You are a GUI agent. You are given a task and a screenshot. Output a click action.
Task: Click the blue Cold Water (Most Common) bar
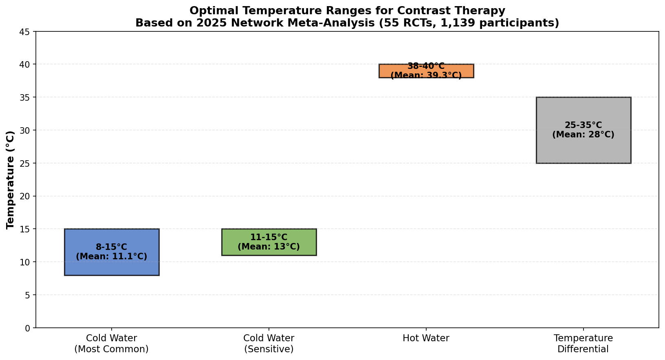click(x=112, y=252)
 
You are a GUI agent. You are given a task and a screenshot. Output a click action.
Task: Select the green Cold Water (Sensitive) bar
click(x=269, y=242)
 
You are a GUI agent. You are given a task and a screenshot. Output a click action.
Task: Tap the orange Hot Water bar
click(x=426, y=71)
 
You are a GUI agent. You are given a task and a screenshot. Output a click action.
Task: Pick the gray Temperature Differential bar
click(x=584, y=130)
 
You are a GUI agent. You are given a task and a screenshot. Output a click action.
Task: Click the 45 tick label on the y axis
click(x=25, y=32)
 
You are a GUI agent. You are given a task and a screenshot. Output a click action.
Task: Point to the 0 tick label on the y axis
click(x=28, y=328)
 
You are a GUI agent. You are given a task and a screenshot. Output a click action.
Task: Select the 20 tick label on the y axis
click(x=25, y=197)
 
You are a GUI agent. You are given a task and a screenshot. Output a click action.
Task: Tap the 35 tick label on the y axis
click(x=25, y=97)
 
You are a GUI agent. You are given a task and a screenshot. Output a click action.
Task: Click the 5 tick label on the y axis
click(x=28, y=295)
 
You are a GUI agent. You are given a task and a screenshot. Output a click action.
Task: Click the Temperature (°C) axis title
click(x=11, y=180)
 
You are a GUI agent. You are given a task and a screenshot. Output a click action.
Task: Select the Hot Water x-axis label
click(x=426, y=338)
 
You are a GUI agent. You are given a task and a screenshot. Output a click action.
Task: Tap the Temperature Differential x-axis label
click(x=584, y=343)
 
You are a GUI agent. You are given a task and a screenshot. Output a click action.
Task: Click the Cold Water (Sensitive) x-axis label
click(x=269, y=343)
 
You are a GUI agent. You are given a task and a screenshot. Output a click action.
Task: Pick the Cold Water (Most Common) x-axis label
click(x=112, y=343)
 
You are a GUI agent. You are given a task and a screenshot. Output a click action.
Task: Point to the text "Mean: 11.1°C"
click(x=112, y=256)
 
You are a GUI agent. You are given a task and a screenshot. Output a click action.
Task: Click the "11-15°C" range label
click(x=269, y=237)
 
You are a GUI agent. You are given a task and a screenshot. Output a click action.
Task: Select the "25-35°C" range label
click(x=584, y=125)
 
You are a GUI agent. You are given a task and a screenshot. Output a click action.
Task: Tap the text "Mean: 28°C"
click(x=584, y=135)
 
